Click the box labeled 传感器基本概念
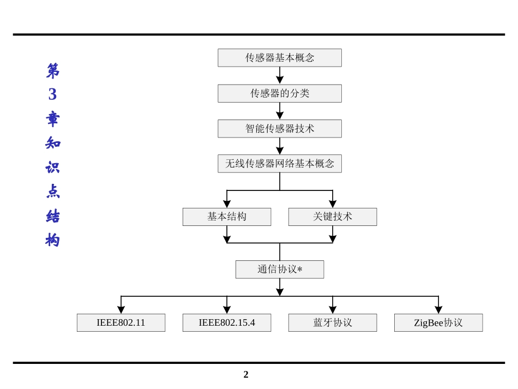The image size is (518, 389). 280,58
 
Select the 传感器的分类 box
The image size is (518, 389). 280,93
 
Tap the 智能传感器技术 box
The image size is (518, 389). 280,129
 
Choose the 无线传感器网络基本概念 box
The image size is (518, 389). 280,164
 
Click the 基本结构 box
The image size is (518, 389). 227,217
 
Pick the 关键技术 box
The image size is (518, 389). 333,217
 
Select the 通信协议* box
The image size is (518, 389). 280,270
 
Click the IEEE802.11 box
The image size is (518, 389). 121,322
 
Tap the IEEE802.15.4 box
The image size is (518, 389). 227,322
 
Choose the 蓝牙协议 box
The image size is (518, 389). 333,322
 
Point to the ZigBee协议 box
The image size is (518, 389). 438,322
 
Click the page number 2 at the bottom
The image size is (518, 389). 246,374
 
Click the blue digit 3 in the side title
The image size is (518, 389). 52,94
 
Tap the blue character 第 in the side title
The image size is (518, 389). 53,70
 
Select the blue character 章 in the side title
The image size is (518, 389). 53,118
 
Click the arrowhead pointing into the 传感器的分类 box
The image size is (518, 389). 280,80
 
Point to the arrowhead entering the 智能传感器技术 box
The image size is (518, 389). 280,116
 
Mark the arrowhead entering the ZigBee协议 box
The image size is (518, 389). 438,310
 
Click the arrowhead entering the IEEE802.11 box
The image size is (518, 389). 121,310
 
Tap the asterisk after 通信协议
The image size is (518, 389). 300,270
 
